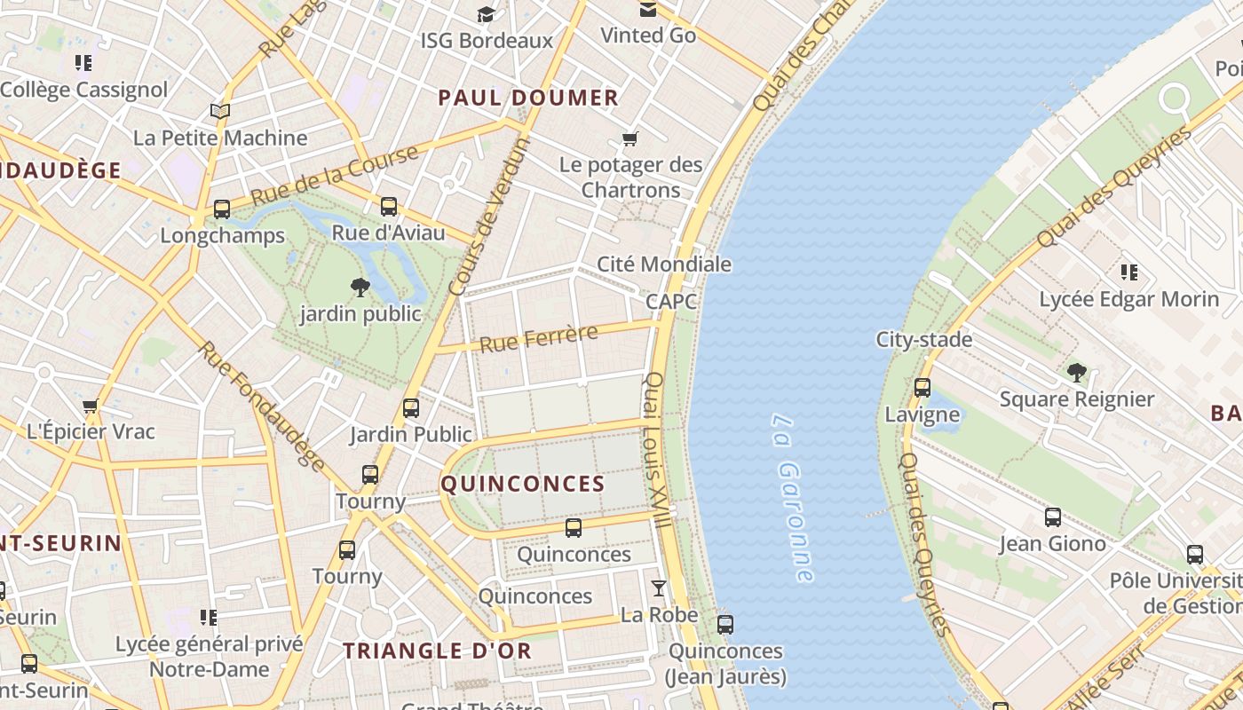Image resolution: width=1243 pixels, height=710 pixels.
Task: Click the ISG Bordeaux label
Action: tap(487, 41)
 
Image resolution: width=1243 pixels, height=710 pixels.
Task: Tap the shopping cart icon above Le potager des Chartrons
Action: tap(630, 138)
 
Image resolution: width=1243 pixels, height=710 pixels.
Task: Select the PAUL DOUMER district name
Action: tap(528, 99)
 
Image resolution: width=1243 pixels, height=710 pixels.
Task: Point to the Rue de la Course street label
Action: tap(335, 176)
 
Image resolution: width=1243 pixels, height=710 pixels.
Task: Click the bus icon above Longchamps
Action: tap(222, 209)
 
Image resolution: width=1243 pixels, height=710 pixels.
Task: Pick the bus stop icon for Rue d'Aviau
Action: tap(389, 207)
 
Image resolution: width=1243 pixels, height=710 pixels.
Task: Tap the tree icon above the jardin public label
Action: tap(360, 287)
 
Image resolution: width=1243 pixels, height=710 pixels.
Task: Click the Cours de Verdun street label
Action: tap(489, 217)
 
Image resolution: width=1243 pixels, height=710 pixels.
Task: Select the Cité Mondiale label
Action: tap(664, 264)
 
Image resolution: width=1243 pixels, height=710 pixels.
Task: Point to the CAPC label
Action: tap(671, 302)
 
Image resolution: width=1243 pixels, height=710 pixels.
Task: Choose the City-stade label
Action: tap(923, 340)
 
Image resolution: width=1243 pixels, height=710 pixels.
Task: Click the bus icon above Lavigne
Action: tap(922, 388)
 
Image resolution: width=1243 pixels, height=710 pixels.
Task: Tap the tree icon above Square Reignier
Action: tap(1077, 372)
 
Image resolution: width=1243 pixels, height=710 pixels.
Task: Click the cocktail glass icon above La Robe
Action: tap(658, 588)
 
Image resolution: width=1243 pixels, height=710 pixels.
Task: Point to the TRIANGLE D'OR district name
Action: tap(438, 651)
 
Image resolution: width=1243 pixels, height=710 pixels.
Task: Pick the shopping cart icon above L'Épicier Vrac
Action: tap(90, 406)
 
